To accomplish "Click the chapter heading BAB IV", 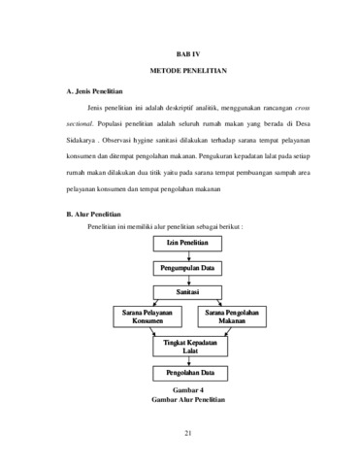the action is point(188,54).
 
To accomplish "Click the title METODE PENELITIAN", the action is point(188,71).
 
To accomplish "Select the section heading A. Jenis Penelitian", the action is point(94,91).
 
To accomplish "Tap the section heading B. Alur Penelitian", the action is point(93,215).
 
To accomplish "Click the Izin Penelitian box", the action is point(187,244).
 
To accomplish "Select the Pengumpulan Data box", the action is point(187,268).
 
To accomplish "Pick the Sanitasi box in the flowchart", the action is point(187,292).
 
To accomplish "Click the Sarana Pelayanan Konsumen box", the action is point(147,316).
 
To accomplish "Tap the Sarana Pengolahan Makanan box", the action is point(232,316).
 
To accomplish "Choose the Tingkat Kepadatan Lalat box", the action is point(190,347).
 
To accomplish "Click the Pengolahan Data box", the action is point(190,373).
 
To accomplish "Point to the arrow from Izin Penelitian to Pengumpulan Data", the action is point(189,256).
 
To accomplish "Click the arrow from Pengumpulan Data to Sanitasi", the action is point(189,281).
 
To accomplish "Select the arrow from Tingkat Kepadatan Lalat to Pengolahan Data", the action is point(189,361).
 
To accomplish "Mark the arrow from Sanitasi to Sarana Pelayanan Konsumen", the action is point(155,303).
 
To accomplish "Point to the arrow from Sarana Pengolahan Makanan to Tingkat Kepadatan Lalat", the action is point(228,332).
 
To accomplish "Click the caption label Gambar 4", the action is point(188,390).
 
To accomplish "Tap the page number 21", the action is point(188,433).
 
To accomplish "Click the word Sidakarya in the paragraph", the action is point(81,141).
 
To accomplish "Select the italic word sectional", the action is point(80,124).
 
